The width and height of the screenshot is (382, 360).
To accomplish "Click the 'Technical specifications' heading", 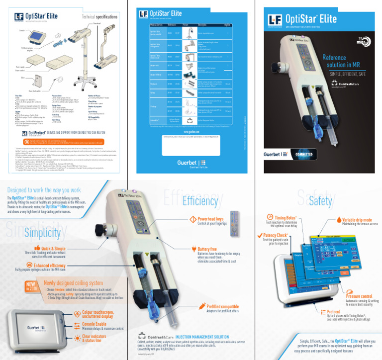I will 99,17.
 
